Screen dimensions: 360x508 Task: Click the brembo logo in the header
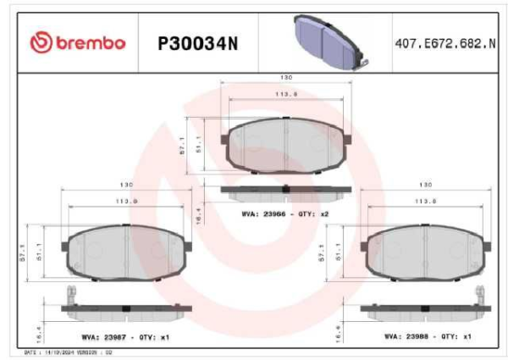[77, 42]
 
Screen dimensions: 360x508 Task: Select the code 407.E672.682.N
[444, 42]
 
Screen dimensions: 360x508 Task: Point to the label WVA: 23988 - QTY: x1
[427, 335]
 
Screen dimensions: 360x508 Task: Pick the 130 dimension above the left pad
[126, 185]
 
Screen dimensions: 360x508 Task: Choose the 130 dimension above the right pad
[427, 185]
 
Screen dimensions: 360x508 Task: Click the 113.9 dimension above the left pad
[126, 201]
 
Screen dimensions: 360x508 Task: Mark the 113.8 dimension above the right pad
[427, 201]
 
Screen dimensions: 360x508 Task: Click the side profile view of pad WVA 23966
[285, 191]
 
